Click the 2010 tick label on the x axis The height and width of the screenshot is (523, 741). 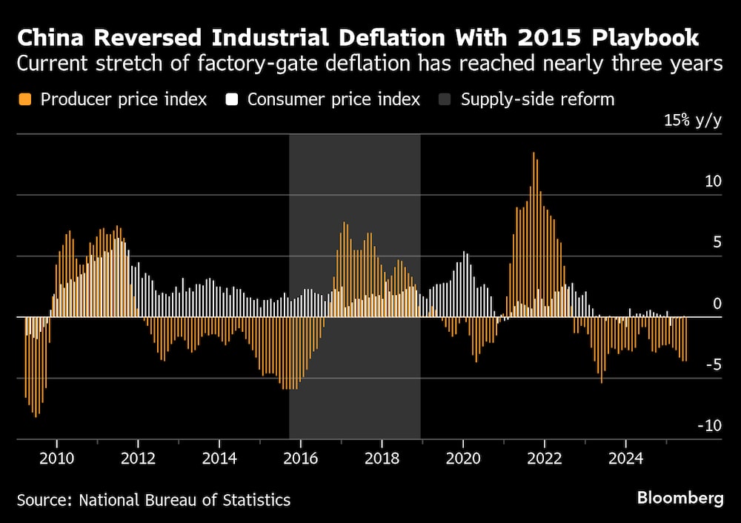point(56,458)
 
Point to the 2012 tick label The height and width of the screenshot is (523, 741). point(138,458)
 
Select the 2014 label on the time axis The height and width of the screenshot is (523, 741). point(219,458)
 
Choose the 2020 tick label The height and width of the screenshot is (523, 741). point(463,458)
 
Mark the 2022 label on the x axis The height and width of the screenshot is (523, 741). point(545,458)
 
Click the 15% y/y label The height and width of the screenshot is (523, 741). point(692,121)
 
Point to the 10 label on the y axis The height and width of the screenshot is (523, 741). point(713,181)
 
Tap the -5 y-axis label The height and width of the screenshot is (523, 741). point(713,364)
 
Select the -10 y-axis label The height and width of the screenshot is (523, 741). point(710,425)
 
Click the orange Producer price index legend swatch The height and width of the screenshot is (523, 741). point(25,99)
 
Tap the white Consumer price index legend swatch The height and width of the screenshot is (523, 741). point(232,99)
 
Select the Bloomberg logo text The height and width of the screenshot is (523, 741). point(680,498)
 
